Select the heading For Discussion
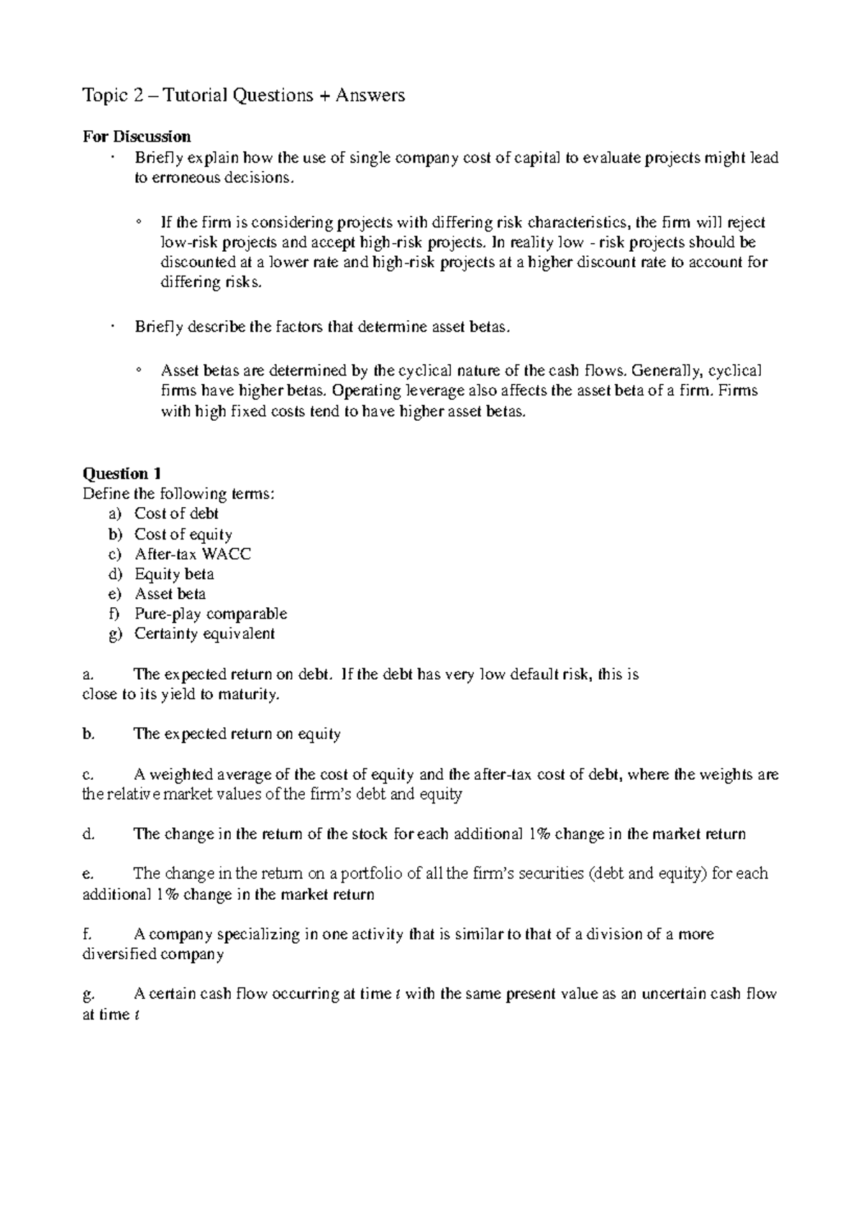click(x=137, y=137)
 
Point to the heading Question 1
click(x=122, y=473)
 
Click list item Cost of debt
click(x=176, y=514)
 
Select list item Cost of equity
click(x=183, y=534)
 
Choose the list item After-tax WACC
click(x=193, y=554)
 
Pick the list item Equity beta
click(x=174, y=574)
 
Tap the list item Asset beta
click(x=170, y=594)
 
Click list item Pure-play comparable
click(x=211, y=614)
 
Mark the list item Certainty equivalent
click(x=204, y=634)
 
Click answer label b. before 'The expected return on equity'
click(x=88, y=734)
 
